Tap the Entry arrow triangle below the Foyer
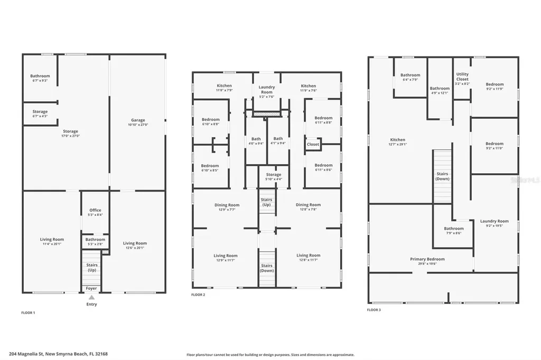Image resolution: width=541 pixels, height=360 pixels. tap(91, 298)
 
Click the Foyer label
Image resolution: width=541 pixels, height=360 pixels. tap(91, 288)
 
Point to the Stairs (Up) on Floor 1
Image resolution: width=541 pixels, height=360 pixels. tap(92, 268)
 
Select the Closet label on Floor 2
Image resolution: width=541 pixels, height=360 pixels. tap(313, 144)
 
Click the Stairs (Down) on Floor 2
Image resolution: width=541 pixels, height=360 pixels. tap(267, 268)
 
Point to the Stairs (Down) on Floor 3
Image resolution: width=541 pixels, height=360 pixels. tap(442, 176)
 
